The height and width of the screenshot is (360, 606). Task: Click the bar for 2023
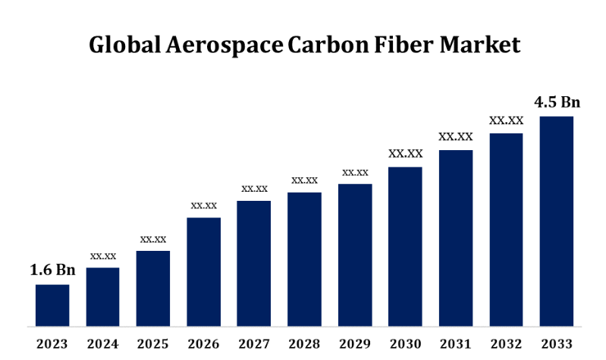click(x=52, y=306)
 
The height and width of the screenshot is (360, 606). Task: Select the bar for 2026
click(x=204, y=273)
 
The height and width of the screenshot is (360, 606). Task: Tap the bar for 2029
click(x=355, y=255)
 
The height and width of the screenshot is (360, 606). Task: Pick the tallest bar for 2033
click(x=556, y=222)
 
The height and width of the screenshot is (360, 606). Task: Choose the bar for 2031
click(x=455, y=239)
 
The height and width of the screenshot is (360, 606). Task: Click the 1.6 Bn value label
click(x=52, y=270)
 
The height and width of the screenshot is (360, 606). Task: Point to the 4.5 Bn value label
click(x=557, y=102)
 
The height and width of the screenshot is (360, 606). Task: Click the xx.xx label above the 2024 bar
click(x=103, y=255)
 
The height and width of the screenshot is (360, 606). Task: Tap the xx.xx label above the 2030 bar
click(x=405, y=153)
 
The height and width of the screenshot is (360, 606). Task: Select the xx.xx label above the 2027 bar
click(x=254, y=188)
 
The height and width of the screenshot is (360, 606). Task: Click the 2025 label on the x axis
click(x=153, y=344)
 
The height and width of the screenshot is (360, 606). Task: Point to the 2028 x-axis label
click(x=304, y=344)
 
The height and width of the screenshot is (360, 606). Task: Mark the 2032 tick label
click(x=506, y=344)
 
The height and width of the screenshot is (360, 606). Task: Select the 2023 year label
click(x=52, y=344)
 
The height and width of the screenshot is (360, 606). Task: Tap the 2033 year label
click(x=556, y=344)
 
